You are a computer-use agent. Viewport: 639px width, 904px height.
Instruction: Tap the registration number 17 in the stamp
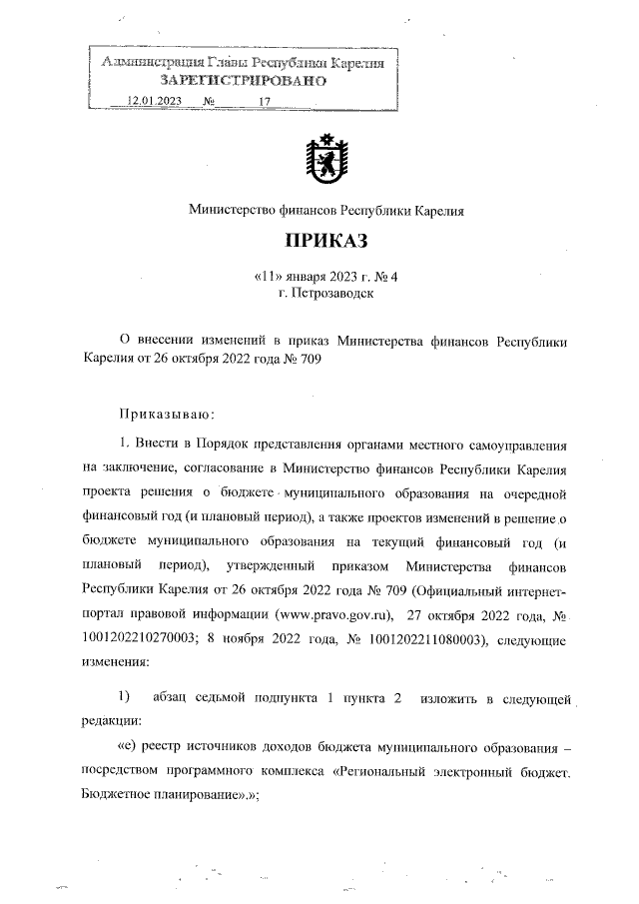coord(265,102)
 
